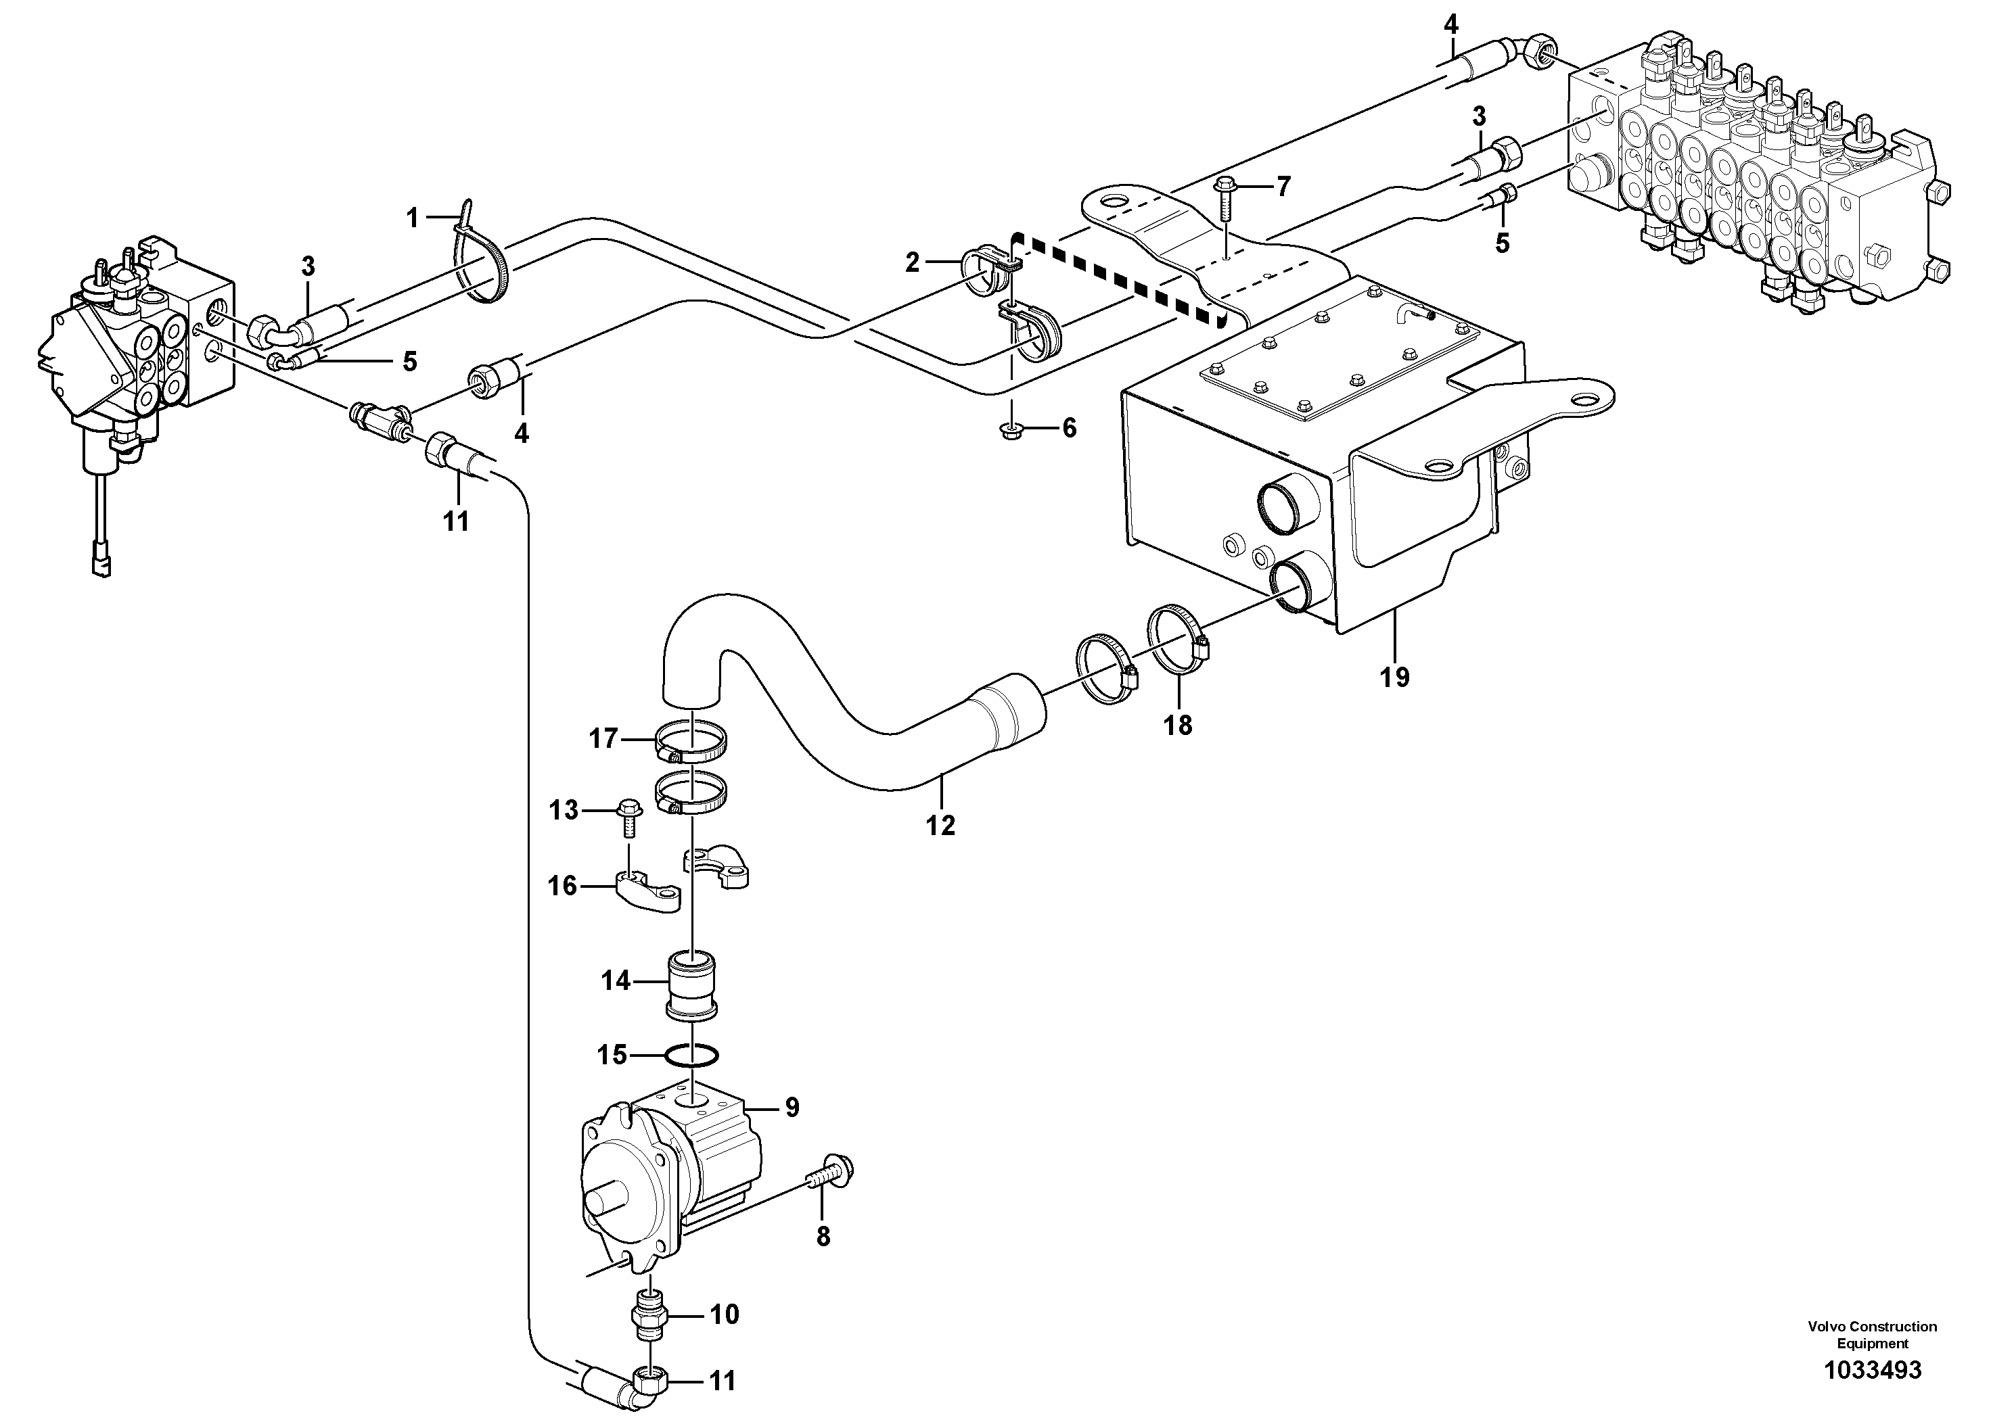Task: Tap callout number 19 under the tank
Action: [1395, 677]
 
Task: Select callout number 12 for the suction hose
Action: [940, 825]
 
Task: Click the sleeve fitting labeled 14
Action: [692, 985]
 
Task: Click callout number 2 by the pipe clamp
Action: [912, 262]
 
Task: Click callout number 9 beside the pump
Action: [792, 1108]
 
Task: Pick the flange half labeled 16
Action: [647, 893]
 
